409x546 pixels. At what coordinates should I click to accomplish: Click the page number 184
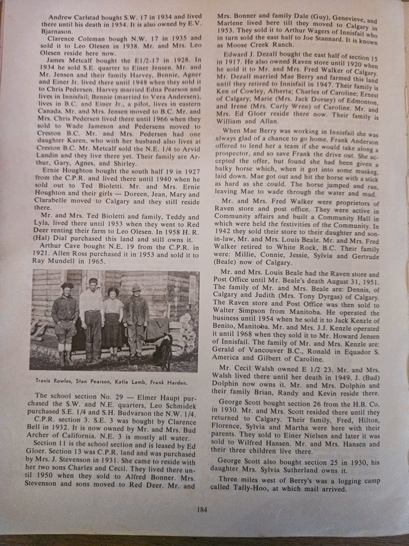tap(202, 510)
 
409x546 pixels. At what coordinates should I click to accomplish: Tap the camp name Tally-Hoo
tap(258, 489)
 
